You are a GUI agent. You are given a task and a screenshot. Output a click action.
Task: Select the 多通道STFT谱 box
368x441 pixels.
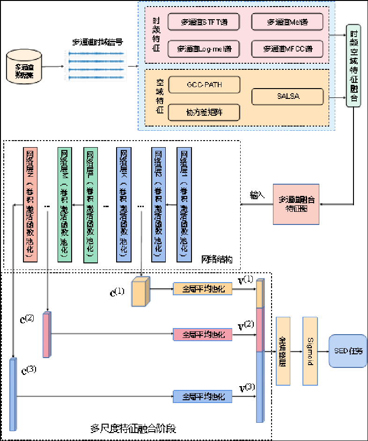click(x=204, y=22)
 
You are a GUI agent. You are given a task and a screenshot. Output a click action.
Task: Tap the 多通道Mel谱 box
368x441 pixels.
click(x=287, y=22)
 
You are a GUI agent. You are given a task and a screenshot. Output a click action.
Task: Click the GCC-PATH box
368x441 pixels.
click(x=204, y=85)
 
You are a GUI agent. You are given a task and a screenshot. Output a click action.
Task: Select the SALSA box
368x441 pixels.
click(x=287, y=97)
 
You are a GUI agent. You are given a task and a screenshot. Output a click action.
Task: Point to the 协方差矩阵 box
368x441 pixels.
click(x=204, y=112)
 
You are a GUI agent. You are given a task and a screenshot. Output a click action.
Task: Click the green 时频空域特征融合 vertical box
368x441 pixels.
click(x=353, y=65)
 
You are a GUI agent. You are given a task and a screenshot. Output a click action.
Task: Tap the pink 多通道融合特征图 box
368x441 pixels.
click(x=297, y=204)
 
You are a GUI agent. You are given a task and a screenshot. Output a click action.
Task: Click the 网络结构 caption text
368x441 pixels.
click(x=217, y=259)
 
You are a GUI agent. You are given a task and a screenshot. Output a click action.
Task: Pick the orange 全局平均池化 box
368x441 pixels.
click(x=202, y=289)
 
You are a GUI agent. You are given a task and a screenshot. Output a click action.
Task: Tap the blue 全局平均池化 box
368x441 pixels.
click(x=202, y=396)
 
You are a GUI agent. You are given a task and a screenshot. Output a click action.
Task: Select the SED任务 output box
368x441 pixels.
click(x=348, y=351)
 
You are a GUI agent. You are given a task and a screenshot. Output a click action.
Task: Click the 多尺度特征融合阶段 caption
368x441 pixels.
click(x=132, y=428)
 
